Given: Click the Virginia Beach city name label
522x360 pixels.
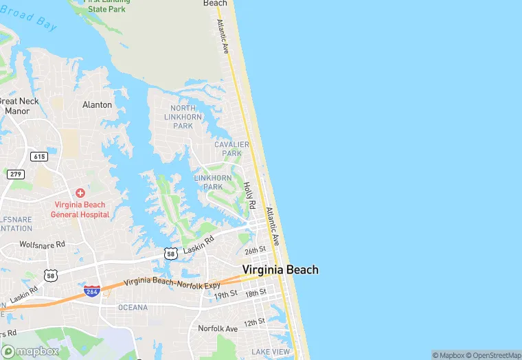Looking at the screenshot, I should point(280,269).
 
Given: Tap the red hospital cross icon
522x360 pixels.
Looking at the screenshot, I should point(80,194).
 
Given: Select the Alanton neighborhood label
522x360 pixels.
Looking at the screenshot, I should point(97,104).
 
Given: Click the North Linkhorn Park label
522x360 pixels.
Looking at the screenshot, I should point(183,117).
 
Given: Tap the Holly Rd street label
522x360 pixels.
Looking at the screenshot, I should point(251,196).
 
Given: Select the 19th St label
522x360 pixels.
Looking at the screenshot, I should point(225,294).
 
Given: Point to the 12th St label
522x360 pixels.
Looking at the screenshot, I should point(253,322).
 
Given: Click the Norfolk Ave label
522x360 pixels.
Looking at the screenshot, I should point(217,328).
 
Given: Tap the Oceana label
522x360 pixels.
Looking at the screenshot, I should point(133,307).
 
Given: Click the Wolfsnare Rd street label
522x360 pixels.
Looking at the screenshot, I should point(42,244).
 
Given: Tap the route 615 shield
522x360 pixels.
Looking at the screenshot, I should point(39,157).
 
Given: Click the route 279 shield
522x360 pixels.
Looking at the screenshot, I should point(16,175).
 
